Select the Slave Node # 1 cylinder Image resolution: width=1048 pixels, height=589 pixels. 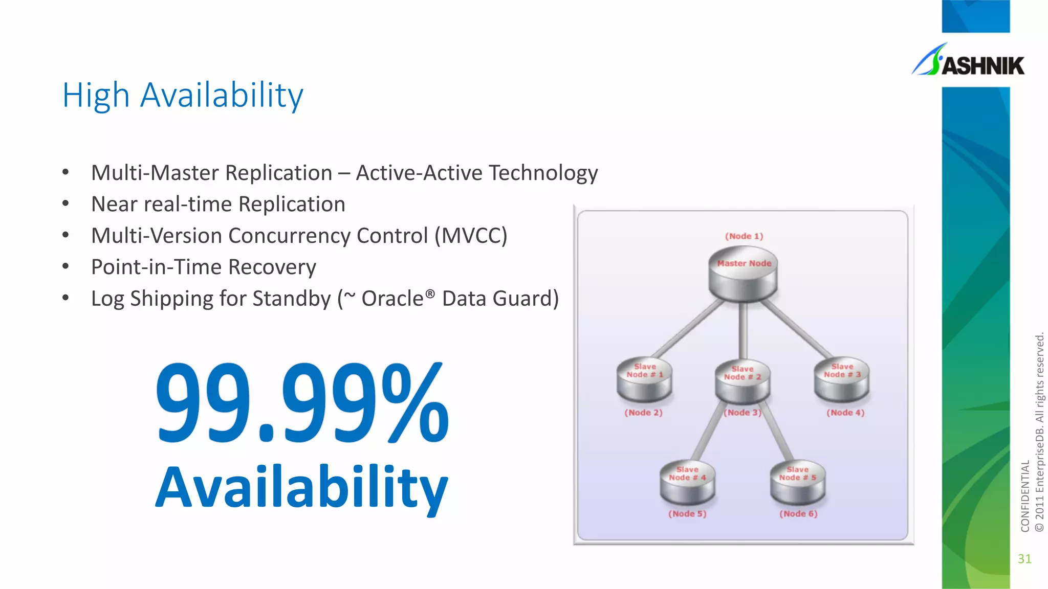coord(644,381)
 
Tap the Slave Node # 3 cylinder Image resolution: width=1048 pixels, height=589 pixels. coord(842,381)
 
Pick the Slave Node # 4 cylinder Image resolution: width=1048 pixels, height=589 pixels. coord(687,483)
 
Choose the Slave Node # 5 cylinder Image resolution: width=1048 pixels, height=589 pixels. coord(798,483)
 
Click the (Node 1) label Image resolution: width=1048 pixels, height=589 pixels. coord(744,236)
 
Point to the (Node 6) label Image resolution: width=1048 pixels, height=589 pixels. coord(798,514)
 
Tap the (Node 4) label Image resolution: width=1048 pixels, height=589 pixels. coord(845,413)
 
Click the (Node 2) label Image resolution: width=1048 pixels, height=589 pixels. coord(643,413)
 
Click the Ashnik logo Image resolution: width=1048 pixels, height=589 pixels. coord(968,62)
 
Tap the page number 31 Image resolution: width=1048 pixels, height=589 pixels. coord(1024,559)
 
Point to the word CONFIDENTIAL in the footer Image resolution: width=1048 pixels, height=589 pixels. coord(1025,496)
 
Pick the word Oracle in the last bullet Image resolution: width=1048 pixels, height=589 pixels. coord(392,299)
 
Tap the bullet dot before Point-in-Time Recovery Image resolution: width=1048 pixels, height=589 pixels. coord(65,266)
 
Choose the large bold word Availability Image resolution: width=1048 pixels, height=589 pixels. coord(302,488)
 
